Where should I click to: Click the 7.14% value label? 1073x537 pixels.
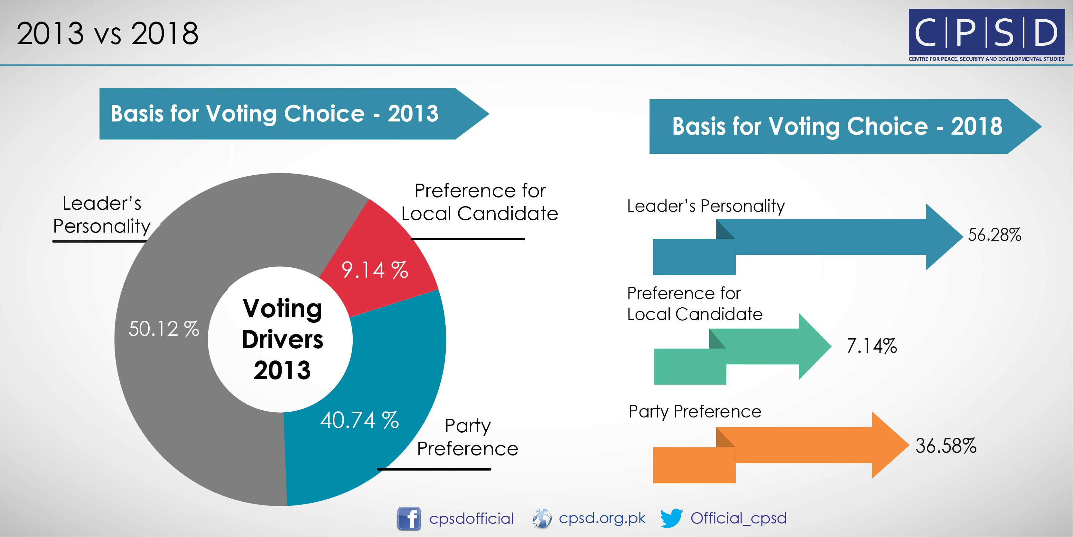tap(872, 346)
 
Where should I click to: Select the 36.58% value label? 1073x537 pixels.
tap(946, 446)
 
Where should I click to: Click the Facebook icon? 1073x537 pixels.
tap(409, 519)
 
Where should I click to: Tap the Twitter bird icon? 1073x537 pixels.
tap(671, 518)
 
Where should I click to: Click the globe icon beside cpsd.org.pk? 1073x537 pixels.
tap(542, 518)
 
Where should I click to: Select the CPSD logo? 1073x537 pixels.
tap(986, 35)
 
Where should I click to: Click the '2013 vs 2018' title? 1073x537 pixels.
tap(107, 34)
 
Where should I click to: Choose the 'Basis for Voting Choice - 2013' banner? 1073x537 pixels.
tap(294, 113)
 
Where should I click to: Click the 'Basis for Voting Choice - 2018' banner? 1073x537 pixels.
tap(845, 126)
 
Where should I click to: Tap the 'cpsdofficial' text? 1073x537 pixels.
tap(471, 518)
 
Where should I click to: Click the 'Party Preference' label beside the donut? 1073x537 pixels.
tap(467, 437)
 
